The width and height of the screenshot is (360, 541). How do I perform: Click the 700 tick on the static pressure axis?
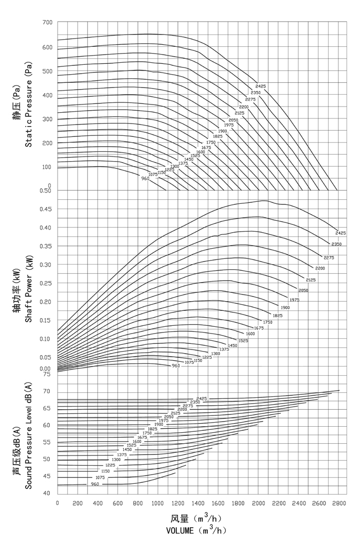tap(47, 23)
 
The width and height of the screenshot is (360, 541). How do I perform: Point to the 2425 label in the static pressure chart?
tap(261, 86)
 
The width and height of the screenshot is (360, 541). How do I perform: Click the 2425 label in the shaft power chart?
tap(340, 233)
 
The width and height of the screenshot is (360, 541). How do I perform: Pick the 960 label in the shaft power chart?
tap(175, 365)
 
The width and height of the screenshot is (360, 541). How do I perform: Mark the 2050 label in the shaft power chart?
tap(303, 290)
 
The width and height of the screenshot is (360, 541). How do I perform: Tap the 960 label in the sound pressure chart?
tap(95, 484)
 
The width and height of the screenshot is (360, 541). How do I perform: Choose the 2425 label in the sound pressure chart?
tap(201, 398)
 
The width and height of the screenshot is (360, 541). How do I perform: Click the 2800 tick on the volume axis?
tap(338, 503)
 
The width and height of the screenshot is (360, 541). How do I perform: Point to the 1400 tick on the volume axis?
tap(198, 503)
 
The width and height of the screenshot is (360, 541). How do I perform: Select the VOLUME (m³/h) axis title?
tap(196, 530)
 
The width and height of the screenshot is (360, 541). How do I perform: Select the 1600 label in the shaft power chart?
tap(250, 334)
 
